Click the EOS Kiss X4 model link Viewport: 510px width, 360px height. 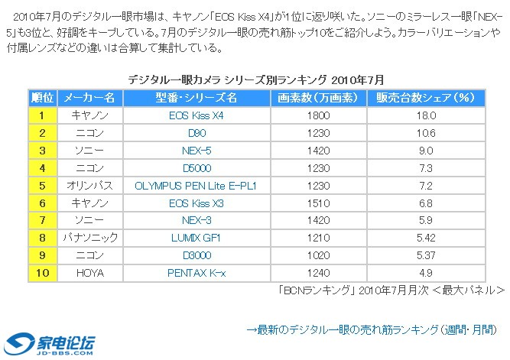tap(196, 115)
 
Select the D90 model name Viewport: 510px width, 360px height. tap(196, 133)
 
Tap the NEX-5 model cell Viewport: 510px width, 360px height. tap(196, 151)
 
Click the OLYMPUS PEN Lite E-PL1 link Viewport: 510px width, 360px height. tap(196, 186)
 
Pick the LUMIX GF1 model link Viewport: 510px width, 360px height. tap(196, 238)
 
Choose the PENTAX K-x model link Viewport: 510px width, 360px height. tap(196, 273)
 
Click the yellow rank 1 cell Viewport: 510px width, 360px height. tap(42, 115)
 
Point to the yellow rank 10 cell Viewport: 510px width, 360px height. tap(42, 273)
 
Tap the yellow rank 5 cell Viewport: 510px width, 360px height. tap(42, 186)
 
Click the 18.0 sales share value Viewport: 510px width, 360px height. tap(426, 115)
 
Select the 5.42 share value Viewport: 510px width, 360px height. tap(426, 238)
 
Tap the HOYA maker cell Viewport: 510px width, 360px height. tap(89, 273)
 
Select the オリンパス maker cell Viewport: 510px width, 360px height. tap(89, 186)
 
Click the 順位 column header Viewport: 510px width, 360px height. tap(42, 98)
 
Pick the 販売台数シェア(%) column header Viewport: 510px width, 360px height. tap(426, 98)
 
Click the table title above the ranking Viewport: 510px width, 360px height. tap(255, 79)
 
